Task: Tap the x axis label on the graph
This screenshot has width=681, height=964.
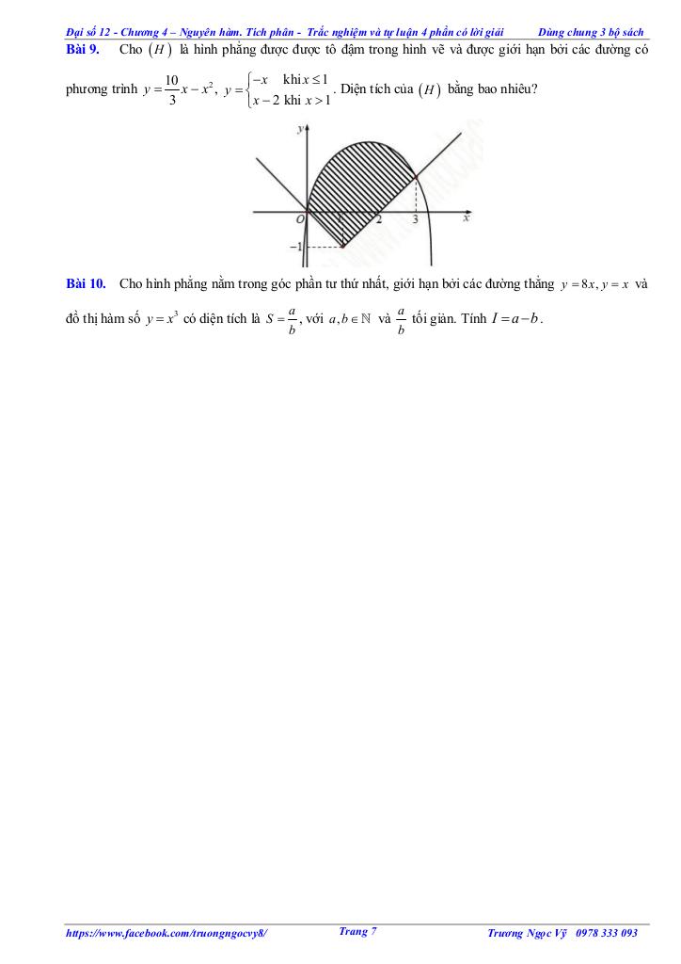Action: coord(467,219)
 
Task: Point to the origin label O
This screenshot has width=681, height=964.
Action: coord(299,219)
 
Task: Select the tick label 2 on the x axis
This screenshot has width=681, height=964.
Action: coord(379,219)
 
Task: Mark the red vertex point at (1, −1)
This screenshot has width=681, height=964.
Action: coord(343,247)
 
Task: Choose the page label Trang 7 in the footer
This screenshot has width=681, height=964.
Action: coord(357,931)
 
